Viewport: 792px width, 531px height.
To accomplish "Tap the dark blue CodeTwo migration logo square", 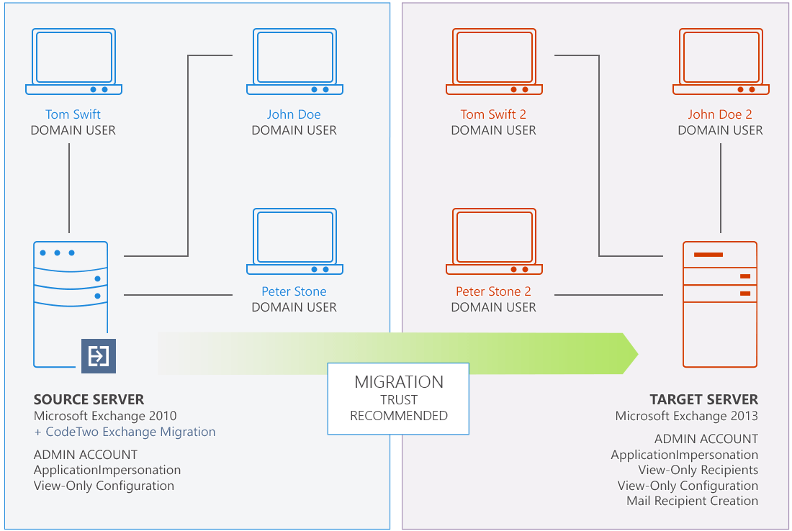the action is [99, 356].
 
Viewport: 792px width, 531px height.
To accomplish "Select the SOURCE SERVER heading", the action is [89, 400].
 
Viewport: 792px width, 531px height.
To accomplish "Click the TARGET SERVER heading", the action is [703, 400].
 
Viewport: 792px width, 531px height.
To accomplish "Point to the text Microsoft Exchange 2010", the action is [105, 416].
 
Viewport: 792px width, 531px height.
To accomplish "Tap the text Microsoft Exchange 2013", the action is [686, 416].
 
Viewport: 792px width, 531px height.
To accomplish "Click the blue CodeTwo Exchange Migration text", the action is [125, 432].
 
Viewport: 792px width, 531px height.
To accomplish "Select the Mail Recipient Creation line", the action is [692, 501].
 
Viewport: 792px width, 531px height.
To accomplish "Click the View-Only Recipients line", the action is [698, 470].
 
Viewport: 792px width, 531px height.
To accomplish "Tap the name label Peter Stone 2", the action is [493, 291].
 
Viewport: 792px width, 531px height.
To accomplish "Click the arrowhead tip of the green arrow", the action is [638, 353].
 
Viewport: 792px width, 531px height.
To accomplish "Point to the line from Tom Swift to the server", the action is [69, 188].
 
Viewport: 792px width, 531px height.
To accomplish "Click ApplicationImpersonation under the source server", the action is [107, 470].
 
